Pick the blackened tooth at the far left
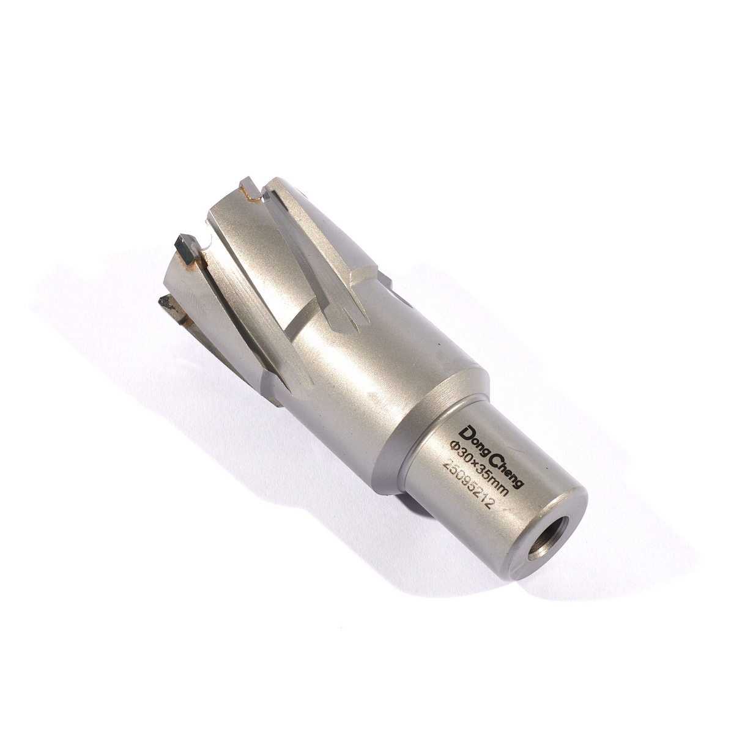click(x=167, y=305)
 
